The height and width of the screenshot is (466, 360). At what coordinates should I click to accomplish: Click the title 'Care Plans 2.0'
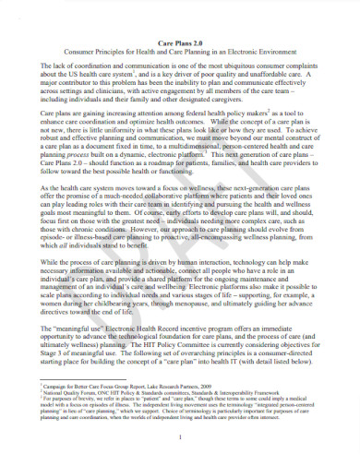(x=181, y=42)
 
